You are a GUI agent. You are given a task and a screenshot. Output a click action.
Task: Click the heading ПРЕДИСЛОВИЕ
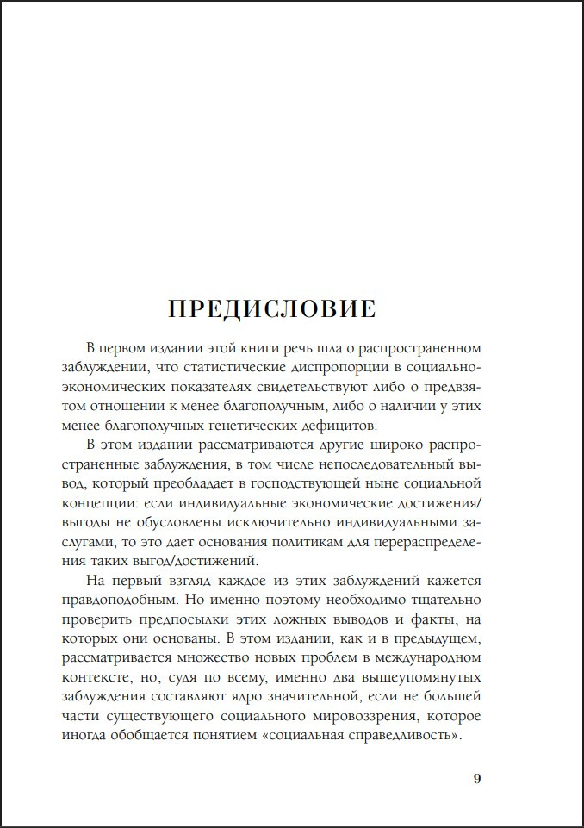pos(271,308)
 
